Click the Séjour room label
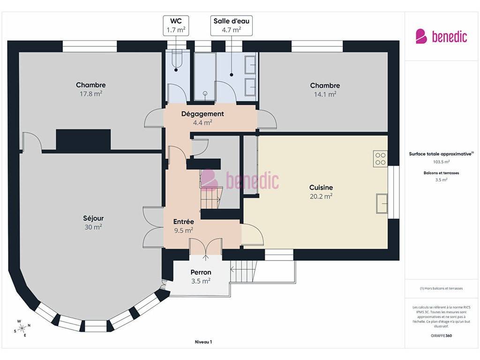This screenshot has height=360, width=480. point(93,218)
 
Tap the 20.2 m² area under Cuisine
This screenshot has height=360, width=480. point(321,196)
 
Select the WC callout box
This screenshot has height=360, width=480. point(176,26)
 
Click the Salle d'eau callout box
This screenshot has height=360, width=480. point(232,26)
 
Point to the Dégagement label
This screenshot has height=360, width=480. point(202,114)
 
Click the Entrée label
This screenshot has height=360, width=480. point(184,222)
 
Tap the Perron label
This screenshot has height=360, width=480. point(201,272)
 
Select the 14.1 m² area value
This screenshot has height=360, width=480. point(325,94)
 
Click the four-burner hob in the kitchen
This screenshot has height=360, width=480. point(381,159)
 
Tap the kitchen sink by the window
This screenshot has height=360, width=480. point(382,203)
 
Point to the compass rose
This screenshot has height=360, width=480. point(22,329)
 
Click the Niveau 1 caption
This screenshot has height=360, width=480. point(203,342)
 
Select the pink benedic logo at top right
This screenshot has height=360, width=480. point(441,37)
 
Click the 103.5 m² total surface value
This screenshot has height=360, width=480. point(441,162)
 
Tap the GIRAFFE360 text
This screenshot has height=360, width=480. point(441,336)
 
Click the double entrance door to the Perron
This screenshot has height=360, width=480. point(206,246)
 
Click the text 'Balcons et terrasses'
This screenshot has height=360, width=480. point(441,173)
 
